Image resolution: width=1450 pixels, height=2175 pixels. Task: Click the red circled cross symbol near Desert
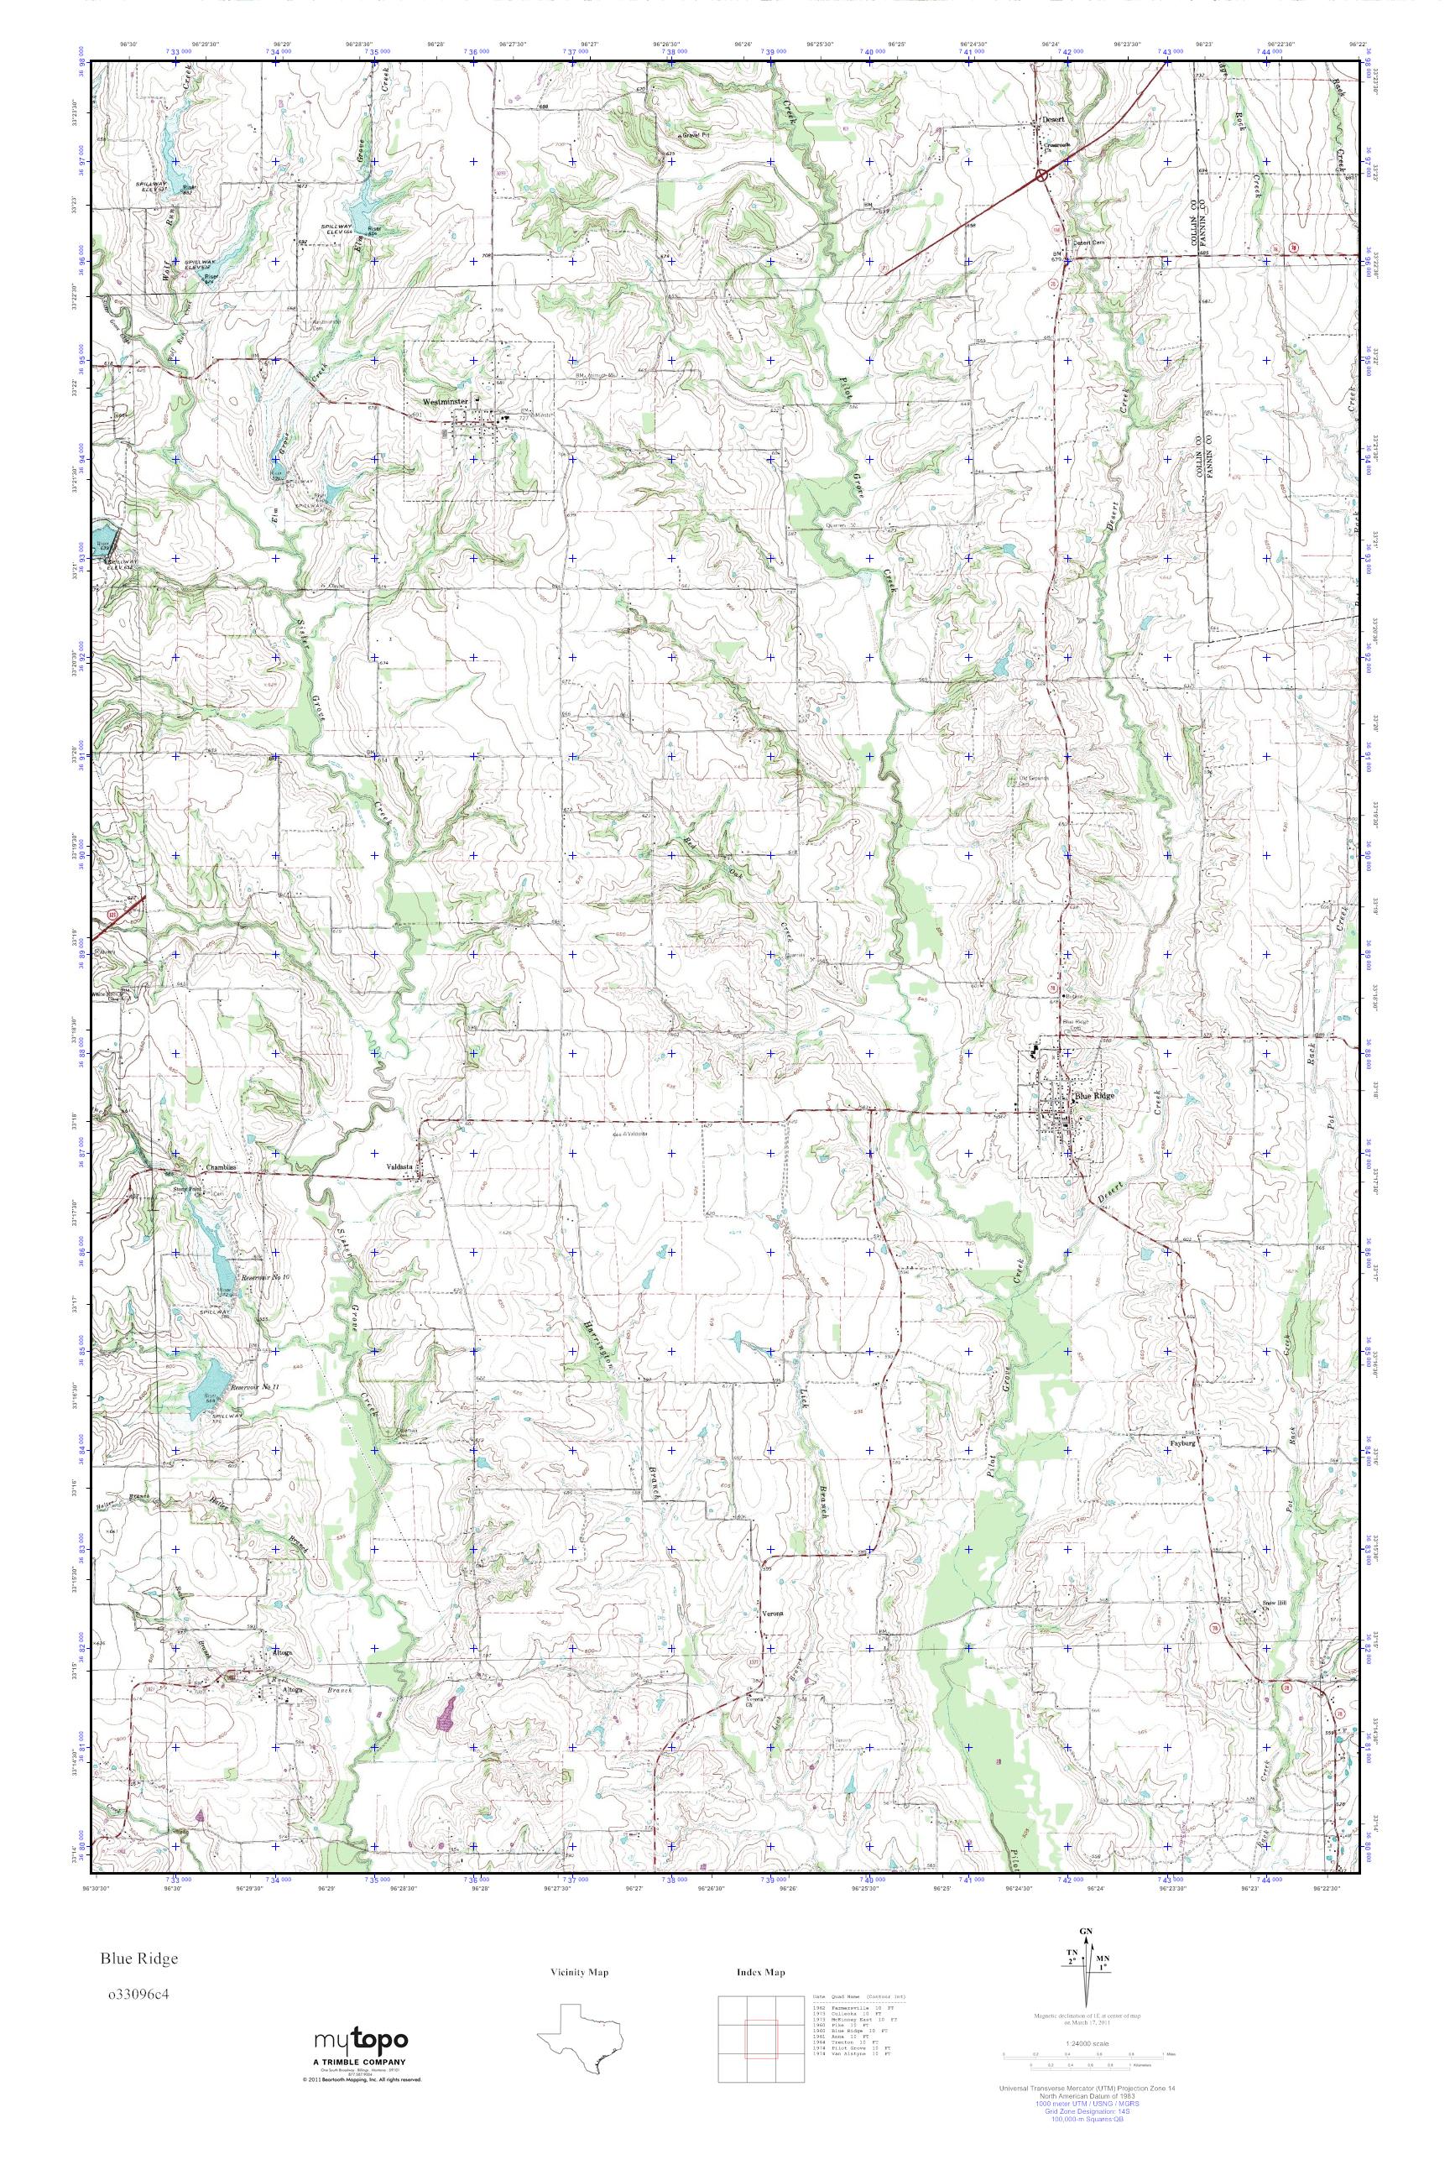1041,174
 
